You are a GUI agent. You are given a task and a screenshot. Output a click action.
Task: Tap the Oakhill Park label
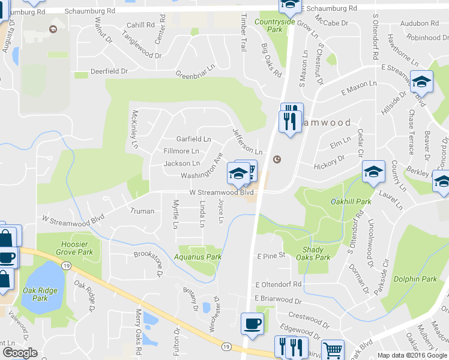351,202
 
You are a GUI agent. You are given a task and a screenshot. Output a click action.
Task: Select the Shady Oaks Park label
313,253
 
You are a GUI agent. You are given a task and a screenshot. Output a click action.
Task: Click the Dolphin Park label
415,279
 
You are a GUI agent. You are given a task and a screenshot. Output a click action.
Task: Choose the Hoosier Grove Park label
77,248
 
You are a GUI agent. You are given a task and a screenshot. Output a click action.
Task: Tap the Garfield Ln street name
193,139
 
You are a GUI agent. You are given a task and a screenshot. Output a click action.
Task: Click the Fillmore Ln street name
181,151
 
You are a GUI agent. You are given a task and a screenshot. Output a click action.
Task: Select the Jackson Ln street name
182,163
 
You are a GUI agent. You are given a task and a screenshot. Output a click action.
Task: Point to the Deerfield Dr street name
109,71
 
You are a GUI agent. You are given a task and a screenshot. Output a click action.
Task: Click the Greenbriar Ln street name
195,75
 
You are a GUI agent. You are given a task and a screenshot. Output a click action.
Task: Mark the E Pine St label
270,256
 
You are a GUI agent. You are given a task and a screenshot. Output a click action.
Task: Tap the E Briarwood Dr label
278,299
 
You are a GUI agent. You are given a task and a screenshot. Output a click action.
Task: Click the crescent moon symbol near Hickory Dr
277,160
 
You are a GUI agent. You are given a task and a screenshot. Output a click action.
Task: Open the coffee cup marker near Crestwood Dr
252,324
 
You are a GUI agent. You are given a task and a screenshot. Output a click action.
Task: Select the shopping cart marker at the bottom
333,349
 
